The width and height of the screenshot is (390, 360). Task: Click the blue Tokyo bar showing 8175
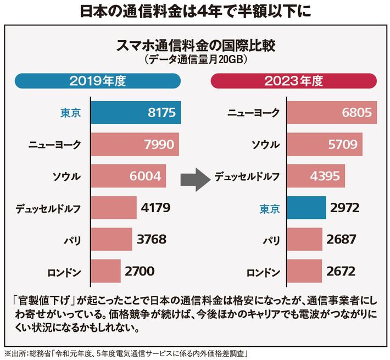(135, 114)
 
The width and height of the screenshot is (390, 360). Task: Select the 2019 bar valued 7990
(135, 145)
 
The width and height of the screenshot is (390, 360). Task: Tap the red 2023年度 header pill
(293, 82)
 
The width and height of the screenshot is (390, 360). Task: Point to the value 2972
(343, 208)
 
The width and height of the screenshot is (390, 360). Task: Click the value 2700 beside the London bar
(140, 270)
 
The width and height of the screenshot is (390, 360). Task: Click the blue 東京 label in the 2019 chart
(70, 114)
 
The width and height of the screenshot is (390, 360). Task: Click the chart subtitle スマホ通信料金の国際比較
(196, 45)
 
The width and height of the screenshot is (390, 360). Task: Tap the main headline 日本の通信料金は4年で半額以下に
(195, 12)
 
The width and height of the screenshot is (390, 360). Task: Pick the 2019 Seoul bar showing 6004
(127, 176)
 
